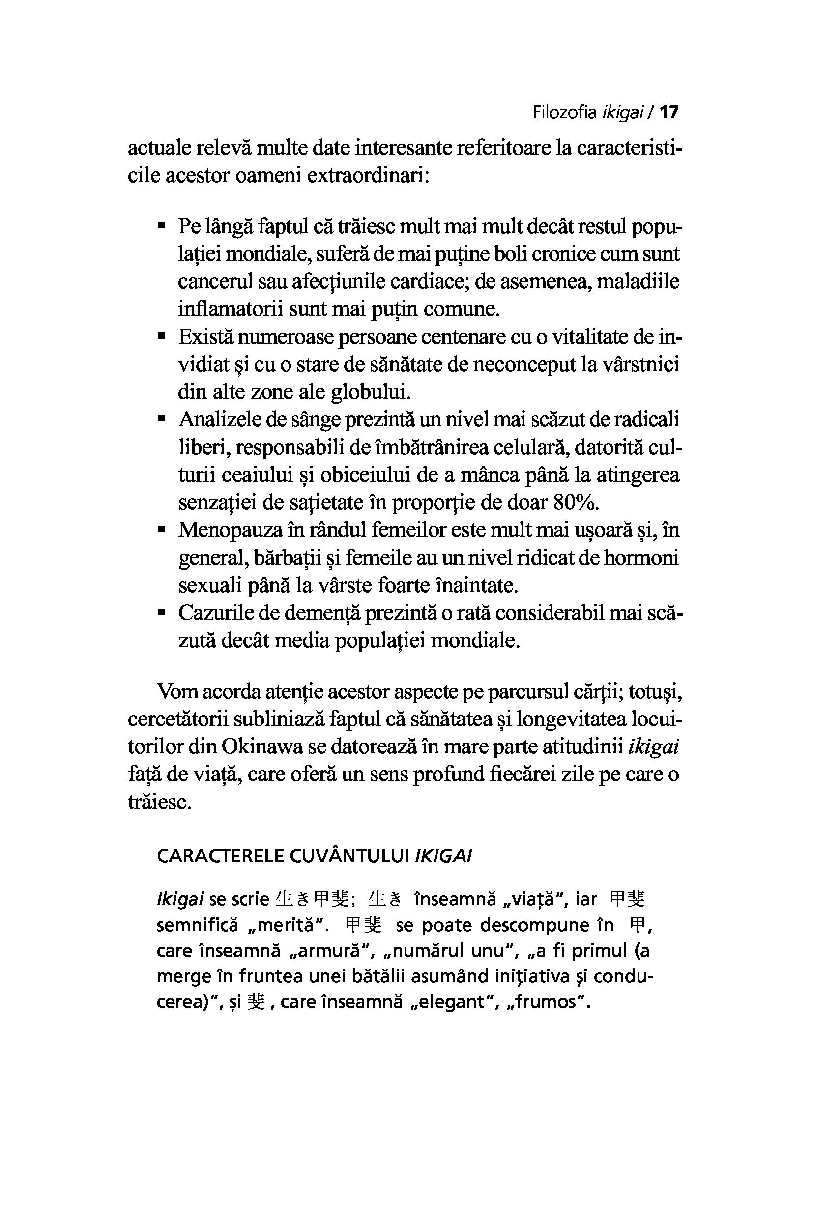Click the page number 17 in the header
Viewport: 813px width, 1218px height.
(669, 112)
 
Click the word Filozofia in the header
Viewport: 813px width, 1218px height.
(565, 112)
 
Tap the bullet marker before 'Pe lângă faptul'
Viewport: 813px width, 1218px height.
(162, 226)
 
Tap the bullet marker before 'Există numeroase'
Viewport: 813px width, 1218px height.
(162, 337)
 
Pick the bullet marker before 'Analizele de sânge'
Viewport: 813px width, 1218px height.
(162, 419)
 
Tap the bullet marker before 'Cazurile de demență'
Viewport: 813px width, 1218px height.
(162, 613)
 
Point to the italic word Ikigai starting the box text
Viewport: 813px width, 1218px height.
(179, 899)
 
